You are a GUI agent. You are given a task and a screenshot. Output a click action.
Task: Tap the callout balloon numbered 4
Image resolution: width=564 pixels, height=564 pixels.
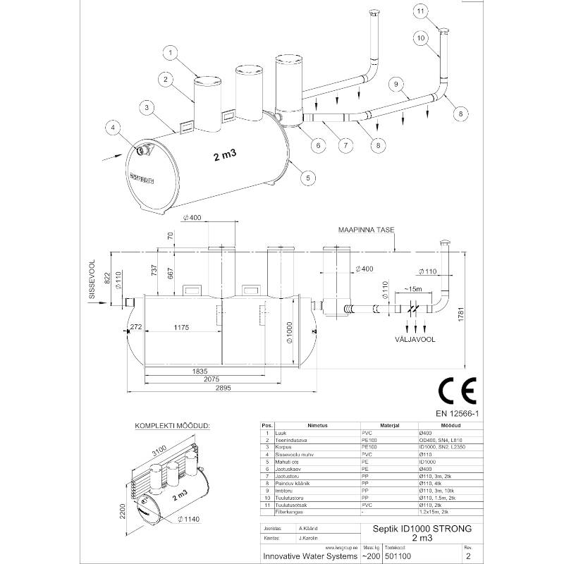click(x=112, y=128)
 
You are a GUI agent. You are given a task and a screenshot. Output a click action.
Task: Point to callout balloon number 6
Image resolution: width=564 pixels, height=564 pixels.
click(x=318, y=146)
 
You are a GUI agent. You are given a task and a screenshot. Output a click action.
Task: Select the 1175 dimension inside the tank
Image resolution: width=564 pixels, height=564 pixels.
click(x=172, y=329)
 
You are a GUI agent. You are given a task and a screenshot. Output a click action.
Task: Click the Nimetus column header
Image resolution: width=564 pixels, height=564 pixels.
click(x=308, y=427)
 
